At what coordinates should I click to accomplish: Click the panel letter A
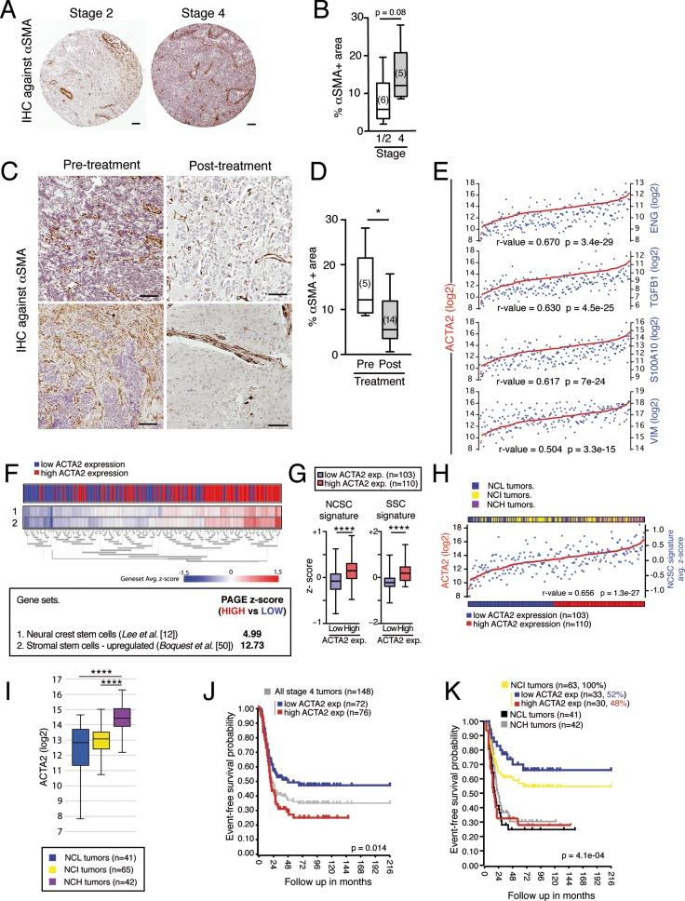[x=10, y=9]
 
